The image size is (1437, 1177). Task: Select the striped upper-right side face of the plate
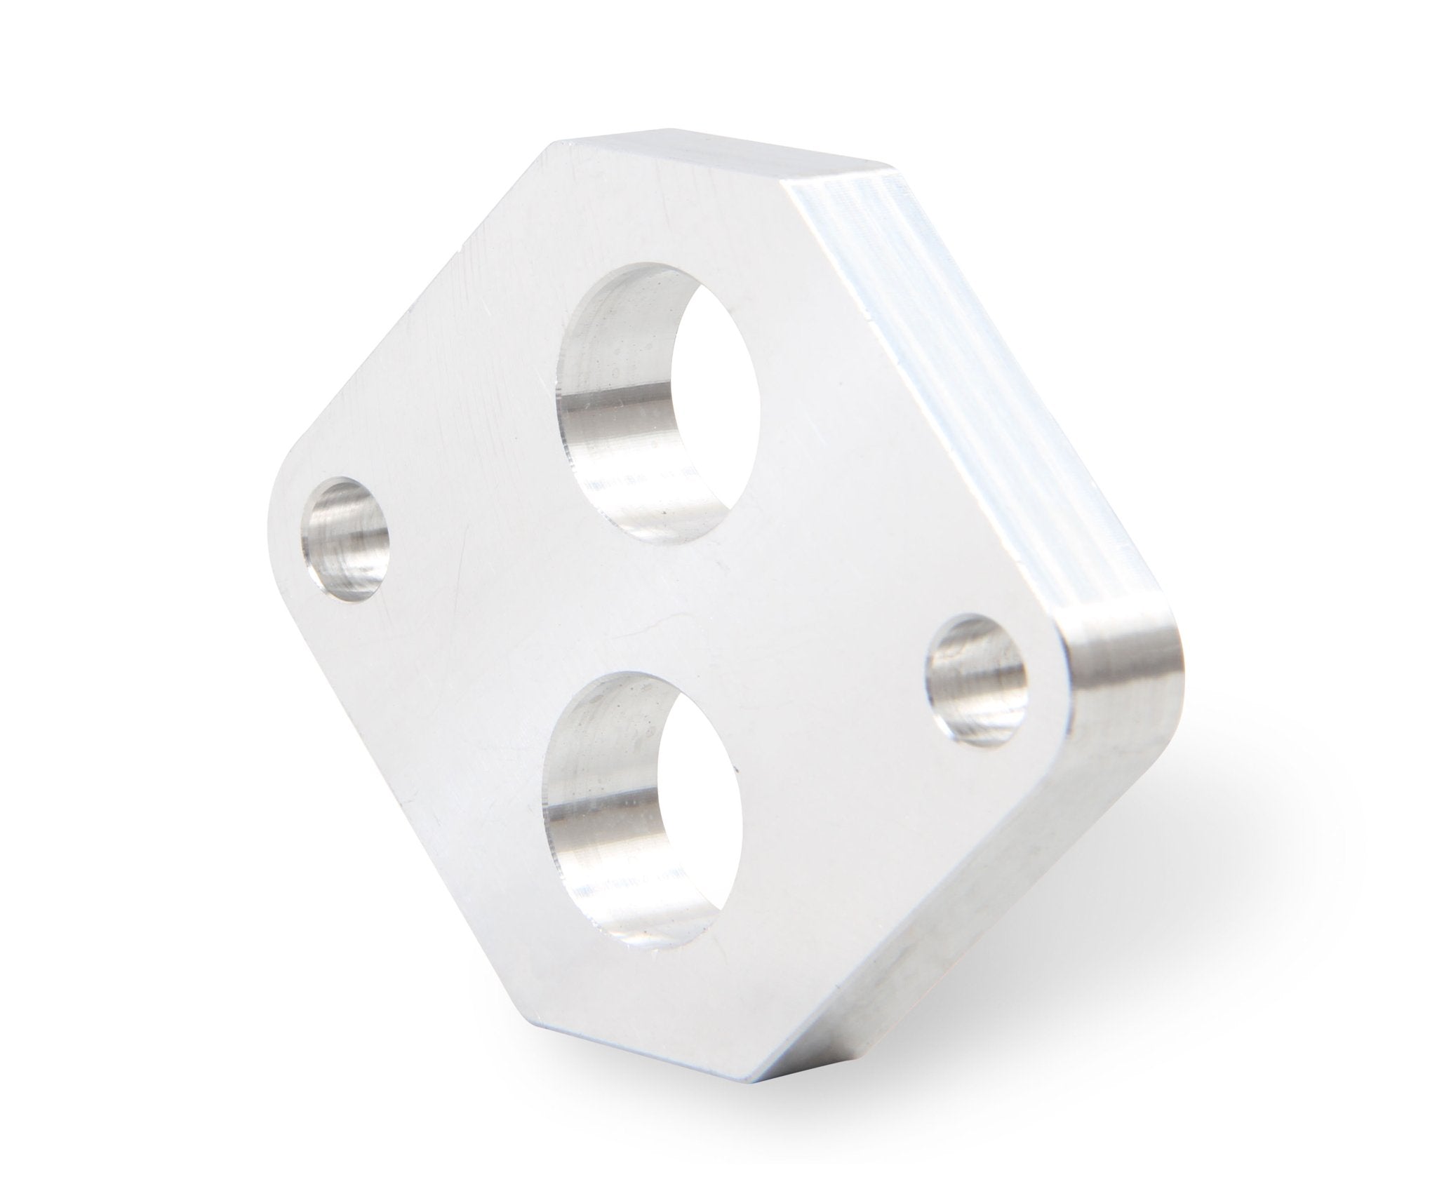pos(982,351)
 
